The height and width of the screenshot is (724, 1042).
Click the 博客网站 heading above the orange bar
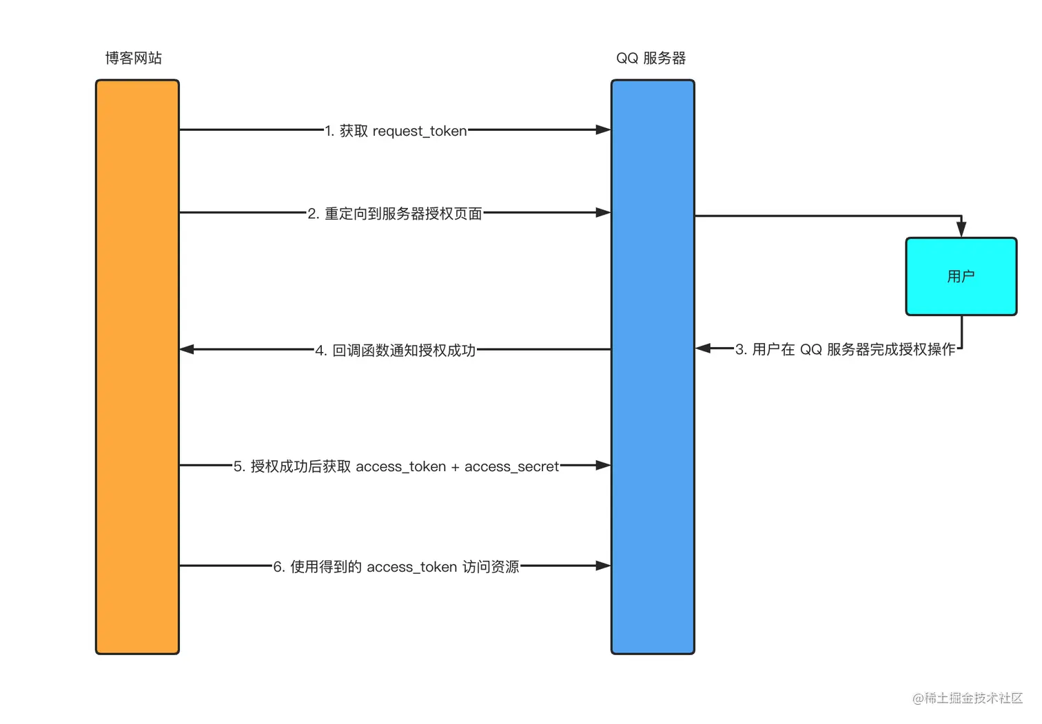tap(134, 59)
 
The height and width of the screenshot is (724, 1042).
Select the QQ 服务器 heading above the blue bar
tap(651, 59)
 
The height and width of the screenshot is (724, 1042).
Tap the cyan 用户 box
tap(961, 276)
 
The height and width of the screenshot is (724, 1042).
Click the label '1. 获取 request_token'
tap(396, 131)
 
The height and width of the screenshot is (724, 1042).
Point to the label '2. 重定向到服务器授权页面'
tap(395, 214)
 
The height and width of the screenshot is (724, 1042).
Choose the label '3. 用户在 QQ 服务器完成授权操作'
tap(846, 349)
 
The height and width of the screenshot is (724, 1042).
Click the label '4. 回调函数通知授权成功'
tap(396, 351)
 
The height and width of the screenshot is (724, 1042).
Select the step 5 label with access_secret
tap(396, 466)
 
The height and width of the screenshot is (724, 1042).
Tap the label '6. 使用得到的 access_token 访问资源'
tap(396, 567)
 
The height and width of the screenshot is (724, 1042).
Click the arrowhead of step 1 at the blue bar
tap(603, 130)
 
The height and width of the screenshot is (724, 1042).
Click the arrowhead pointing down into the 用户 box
tap(961, 229)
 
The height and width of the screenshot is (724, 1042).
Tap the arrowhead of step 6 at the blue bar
tap(603, 566)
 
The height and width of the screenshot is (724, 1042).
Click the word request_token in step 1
tap(420, 131)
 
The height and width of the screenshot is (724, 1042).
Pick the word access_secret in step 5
tap(511, 466)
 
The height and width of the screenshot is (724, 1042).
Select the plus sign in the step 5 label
tap(455, 467)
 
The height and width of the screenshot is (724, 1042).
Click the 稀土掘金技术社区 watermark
tap(968, 698)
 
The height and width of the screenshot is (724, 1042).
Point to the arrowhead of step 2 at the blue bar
tap(603, 212)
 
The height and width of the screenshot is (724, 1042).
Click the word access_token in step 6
tap(412, 567)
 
